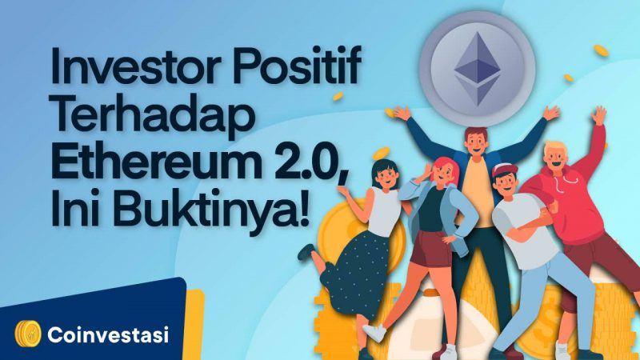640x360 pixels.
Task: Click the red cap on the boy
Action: point(506,170)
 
